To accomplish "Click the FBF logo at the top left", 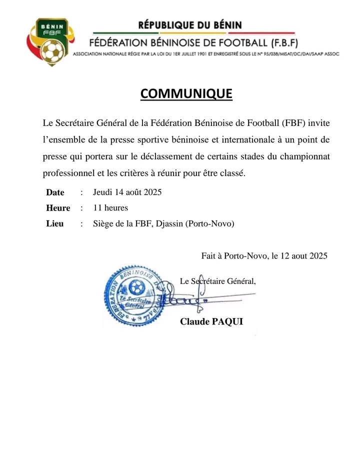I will (x=48, y=42).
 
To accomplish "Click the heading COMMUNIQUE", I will (x=186, y=94).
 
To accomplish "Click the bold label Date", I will (x=55, y=192).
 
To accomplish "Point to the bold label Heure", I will (x=58, y=208).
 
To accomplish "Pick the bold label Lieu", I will (x=55, y=224).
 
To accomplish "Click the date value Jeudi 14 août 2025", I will (x=127, y=192).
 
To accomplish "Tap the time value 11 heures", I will (x=110, y=208).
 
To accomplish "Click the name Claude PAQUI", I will (x=211, y=321).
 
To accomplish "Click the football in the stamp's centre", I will (x=135, y=287).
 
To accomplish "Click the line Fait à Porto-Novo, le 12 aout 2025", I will (x=264, y=256).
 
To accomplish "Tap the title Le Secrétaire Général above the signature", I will (x=218, y=281).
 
